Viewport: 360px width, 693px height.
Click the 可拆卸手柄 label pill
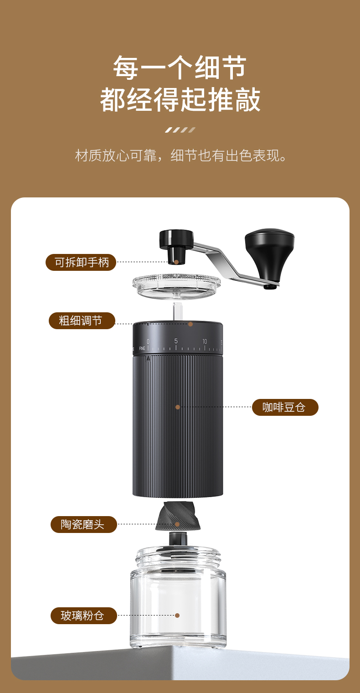click(x=81, y=262)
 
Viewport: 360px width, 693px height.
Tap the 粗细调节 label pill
click(x=82, y=321)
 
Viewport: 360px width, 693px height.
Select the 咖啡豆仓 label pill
click(x=285, y=407)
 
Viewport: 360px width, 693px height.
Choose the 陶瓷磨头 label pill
click(x=83, y=524)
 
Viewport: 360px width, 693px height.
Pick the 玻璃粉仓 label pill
click(x=83, y=615)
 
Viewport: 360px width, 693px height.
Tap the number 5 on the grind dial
click(x=176, y=341)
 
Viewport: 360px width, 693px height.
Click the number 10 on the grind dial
click(x=205, y=341)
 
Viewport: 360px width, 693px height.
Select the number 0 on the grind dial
click(x=148, y=341)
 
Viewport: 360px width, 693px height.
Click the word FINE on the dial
click(x=142, y=348)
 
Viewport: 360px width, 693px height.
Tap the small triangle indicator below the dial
click(x=149, y=358)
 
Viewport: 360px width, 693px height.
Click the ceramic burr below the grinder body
click(x=178, y=516)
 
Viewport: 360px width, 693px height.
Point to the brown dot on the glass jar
click(x=177, y=615)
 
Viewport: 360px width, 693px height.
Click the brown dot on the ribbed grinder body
click(x=178, y=407)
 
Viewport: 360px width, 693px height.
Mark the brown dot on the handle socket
click(x=176, y=262)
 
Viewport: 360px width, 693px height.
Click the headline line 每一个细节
click(x=180, y=67)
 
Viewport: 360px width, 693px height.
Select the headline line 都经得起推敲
click(x=180, y=99)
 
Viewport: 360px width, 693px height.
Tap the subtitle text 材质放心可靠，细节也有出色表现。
click(x=181, y=155)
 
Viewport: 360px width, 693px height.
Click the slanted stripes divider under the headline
click(x=180, y=130)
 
